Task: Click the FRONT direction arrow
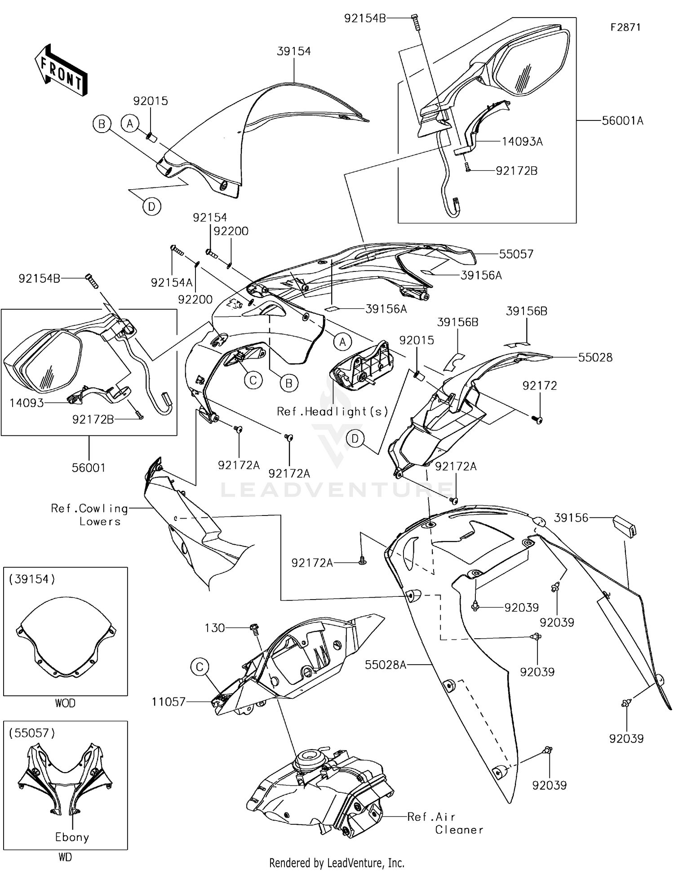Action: pos(61,70)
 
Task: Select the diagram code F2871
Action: pos(625,27)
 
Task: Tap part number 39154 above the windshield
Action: pos(294,51)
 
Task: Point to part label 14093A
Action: pos(522,142)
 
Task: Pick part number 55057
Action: pos(516,254)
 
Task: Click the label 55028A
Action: pos(385,665)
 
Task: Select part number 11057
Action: pos(168,702)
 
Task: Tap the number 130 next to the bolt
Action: pos(214,628)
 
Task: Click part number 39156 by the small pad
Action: pos(571,518)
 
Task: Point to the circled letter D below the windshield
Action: pos(151,207)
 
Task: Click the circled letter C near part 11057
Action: pos(200,667)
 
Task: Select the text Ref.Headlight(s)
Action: pos(333,411)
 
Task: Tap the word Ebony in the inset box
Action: pos(72,837)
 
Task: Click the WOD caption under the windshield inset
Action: pos(65,703)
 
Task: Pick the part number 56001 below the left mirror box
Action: pos(89,468)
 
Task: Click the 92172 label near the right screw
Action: pos(539,386)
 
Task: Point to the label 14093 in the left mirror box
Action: pos(27,403)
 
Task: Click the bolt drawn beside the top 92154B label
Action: pos(415,22)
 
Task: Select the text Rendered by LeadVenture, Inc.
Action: pos(337,862)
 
